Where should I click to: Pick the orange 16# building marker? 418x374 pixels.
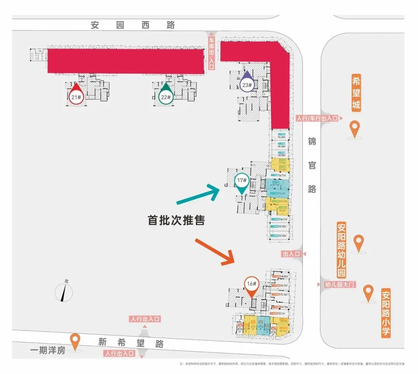coord(252,284)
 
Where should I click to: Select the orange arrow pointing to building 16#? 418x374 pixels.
coord(216,252)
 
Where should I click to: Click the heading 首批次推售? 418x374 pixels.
coord(176,220)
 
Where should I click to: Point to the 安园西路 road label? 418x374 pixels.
coord(133,25)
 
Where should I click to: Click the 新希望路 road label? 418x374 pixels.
coord(131,343)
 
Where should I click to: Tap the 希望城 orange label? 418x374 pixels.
coord(356,93)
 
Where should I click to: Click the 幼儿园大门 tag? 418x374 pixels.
coord(339,284)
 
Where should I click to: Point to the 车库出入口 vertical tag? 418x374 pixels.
coord(211,53)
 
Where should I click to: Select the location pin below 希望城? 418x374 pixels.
coord(354,129)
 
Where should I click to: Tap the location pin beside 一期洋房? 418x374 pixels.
coord(75,342)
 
